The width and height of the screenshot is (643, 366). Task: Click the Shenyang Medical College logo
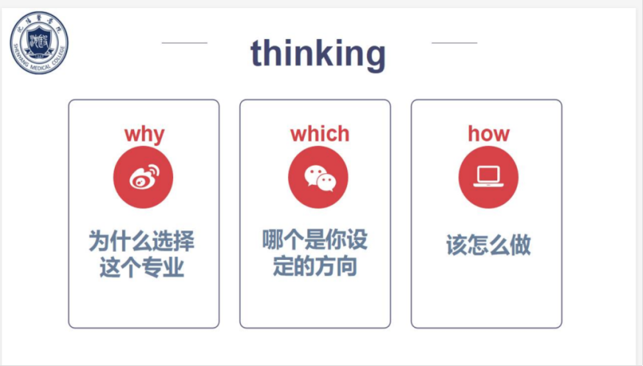click(x=39, y=43)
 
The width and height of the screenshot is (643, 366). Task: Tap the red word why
click(x=144, y=135)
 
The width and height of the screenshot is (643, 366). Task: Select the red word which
click(x=320, y=133)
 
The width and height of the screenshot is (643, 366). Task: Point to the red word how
click(x=488, y=133)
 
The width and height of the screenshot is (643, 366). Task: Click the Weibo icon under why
click(x=143, y=177)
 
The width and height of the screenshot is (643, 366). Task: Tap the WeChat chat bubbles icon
click(x=318, y=177)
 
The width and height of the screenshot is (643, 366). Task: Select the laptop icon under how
click(x=488, y=177)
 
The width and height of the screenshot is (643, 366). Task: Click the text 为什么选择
click(x=141, y=241)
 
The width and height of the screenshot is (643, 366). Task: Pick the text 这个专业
click(x=141, y=267)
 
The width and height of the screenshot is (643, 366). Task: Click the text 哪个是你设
click(x=315, y=240)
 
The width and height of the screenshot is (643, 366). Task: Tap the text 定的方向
click(x=315, y=267)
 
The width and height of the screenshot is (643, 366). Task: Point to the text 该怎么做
click(x=488, y=245)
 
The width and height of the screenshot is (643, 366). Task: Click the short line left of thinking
click(x=185, y=43)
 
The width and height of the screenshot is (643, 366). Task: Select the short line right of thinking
click(x=454, y=43)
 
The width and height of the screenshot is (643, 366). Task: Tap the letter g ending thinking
click(x=373, y=57)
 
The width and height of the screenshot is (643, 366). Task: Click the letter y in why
click(x=158, y=137)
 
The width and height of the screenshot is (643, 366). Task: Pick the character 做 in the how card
click(x=521, y=245)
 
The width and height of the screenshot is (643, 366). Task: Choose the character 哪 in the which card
click(x=273, y=240)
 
